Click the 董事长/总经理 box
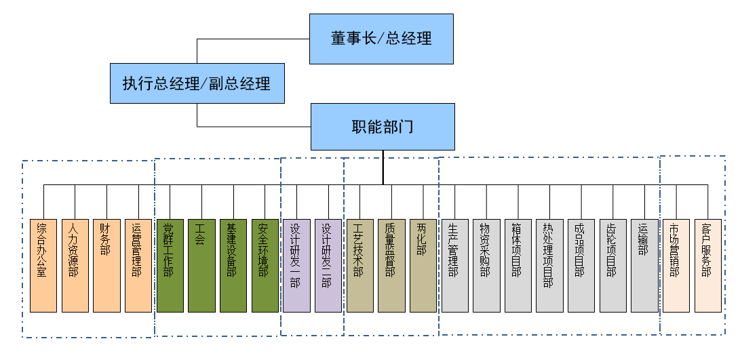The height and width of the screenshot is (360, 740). [x=381, y=39]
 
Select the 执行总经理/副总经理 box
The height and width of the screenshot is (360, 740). [x=197, y=83]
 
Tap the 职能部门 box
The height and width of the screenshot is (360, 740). [x=383, y=127]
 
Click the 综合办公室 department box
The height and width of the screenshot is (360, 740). [x=43, y=265]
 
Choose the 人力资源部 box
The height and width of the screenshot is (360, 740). [x=75, y=265]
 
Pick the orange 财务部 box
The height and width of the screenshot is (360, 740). [x=106, y=265]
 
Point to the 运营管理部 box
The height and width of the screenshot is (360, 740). [x=138, y=265]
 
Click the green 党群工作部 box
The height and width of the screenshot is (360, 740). [x=170, y=265]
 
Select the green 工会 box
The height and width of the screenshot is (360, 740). [x=201, y=265]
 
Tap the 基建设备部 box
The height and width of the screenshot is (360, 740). [x=233, y=265]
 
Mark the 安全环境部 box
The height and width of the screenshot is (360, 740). [x=265, y=265]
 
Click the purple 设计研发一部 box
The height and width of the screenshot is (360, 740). [x=296, y=265]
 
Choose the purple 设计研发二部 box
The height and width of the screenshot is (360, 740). [x=328, y=265]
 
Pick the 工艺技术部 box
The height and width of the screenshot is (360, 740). [x=359, y=265]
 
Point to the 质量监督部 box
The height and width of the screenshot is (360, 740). [x=391, y=265]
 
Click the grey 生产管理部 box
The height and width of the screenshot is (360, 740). [x=454, y=265]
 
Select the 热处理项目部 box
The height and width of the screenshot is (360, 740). [x=549, y=265]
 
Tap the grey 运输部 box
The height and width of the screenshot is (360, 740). [x=644, y=265]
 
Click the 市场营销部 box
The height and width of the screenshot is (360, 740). [x=676, y=265]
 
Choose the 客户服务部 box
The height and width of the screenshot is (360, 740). [x=707, y=265]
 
